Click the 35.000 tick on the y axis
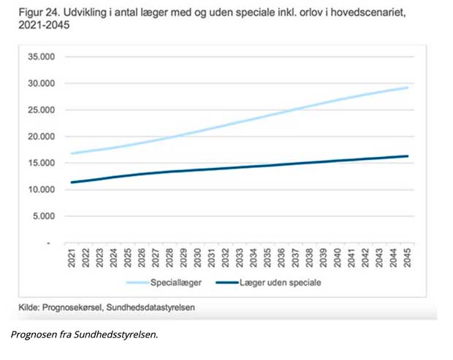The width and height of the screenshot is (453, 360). click(42, 56)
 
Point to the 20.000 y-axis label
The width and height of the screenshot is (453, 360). click(42, 137)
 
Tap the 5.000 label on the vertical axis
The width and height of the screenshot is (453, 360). click(44, 216)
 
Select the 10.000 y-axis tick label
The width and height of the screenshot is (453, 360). click(42, 189)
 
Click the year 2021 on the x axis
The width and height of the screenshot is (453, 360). click(72, 258)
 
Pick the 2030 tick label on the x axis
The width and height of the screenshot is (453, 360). click(197, 258)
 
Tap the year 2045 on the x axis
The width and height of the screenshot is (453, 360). click(407, 258)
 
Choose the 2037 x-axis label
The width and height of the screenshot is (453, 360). click(295, 258)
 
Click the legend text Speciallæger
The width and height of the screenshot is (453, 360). click(176, 283)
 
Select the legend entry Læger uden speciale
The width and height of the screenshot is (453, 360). click(281, 283)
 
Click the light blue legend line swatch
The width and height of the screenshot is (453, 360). click(138, 283)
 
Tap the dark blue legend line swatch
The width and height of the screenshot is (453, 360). click(227, 283)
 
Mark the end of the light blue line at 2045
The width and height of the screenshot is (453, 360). click(408, 88)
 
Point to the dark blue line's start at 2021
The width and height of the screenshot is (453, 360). click(72, 183)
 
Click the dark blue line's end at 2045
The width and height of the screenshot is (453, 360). click(408, 156)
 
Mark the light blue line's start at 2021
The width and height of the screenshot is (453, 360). click(72, 153)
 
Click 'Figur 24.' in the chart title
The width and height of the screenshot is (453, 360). click(39, 12)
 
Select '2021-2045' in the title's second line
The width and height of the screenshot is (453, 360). click(44, 25)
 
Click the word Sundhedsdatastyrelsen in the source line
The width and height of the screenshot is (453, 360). click(151, 307)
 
